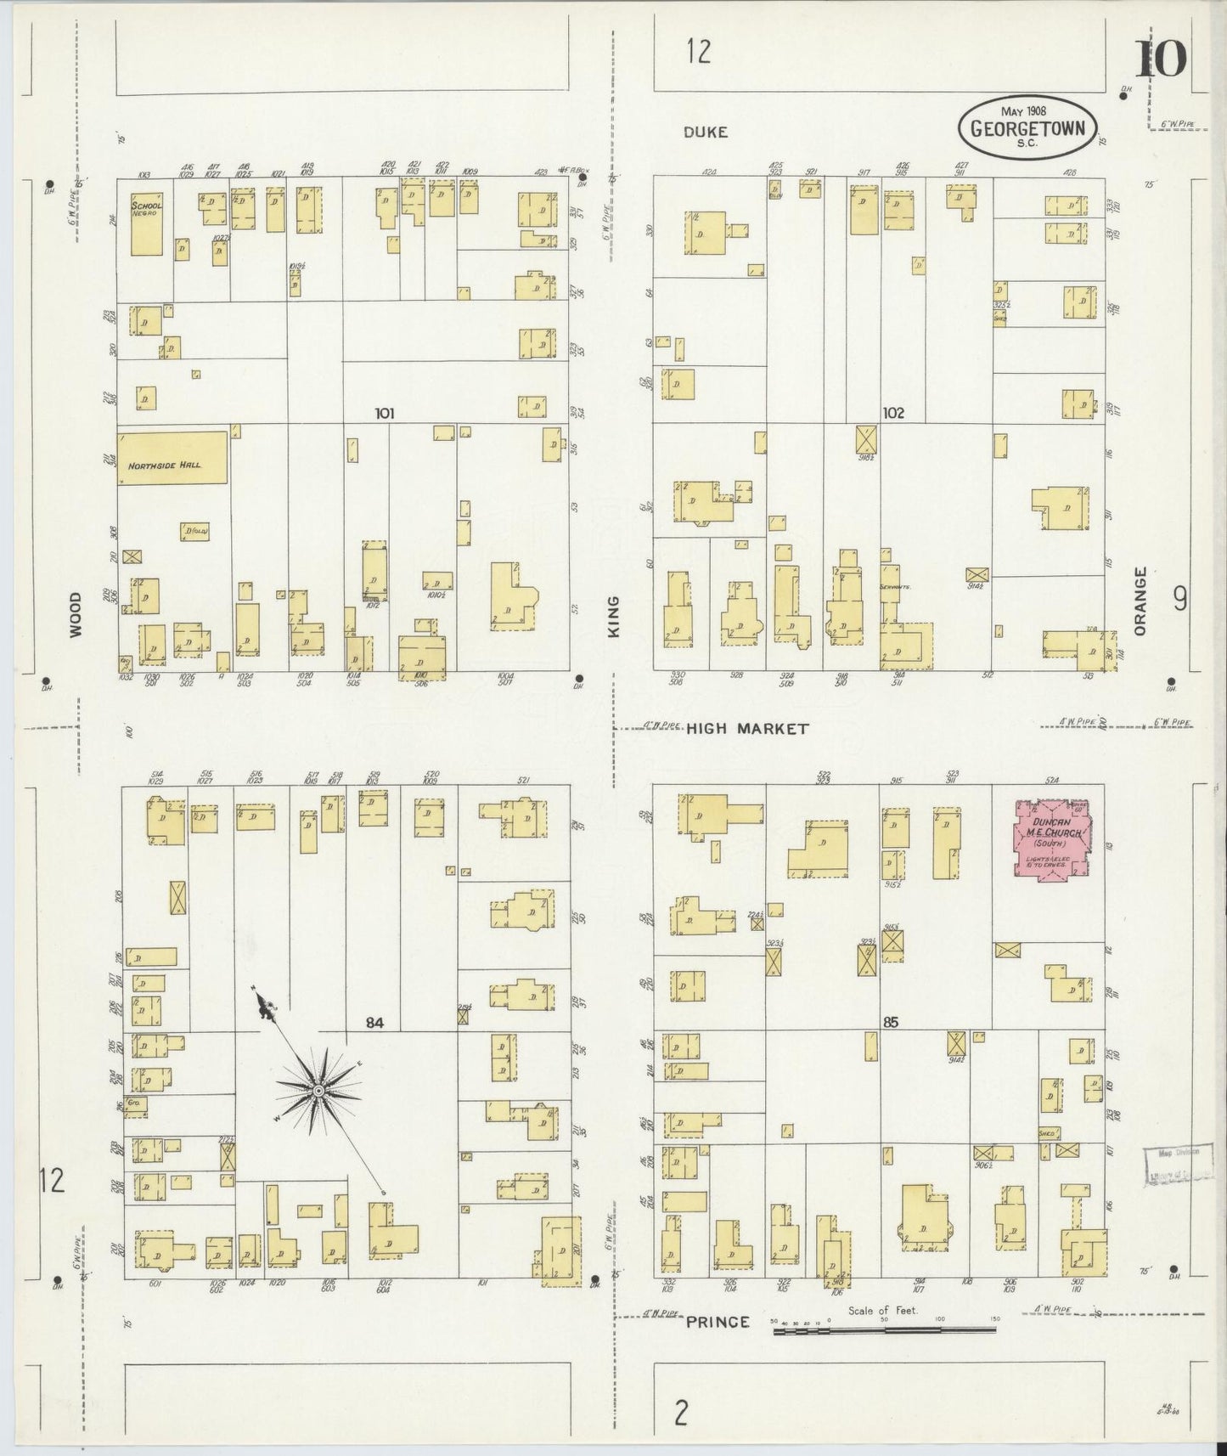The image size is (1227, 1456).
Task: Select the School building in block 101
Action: click(146, 225)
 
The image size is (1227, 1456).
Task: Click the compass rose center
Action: click(317, 1091)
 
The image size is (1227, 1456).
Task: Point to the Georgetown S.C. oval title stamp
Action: click(1027, 129)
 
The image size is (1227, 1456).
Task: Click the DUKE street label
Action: click(706, 133)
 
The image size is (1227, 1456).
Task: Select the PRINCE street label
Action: click(718, 1322)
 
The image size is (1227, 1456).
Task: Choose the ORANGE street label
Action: click(1140, 601)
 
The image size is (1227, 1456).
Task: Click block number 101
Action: click(385, 414)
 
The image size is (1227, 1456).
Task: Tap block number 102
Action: click(892, 414)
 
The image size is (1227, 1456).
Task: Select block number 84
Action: click(374, 1024)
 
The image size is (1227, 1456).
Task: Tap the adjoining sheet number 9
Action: click(1179, 601)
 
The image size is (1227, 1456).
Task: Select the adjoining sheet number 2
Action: click(680, 1414)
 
